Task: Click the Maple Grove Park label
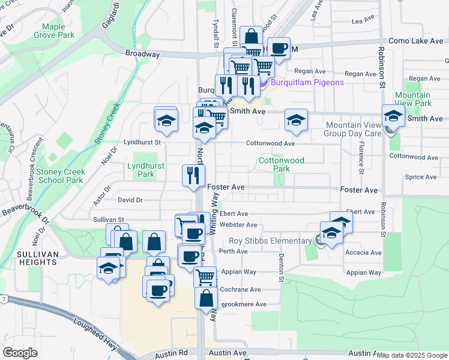58,31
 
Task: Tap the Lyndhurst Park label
142,170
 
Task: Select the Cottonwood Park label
281,164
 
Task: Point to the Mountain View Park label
412,99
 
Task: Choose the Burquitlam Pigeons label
306,82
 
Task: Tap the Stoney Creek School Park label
60,176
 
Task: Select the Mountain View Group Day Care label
353,129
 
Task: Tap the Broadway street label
142,54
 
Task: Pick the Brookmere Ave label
244,304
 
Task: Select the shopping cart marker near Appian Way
205,277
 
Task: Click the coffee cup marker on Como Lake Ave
278,47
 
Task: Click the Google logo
20,352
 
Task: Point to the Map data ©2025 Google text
412,355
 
